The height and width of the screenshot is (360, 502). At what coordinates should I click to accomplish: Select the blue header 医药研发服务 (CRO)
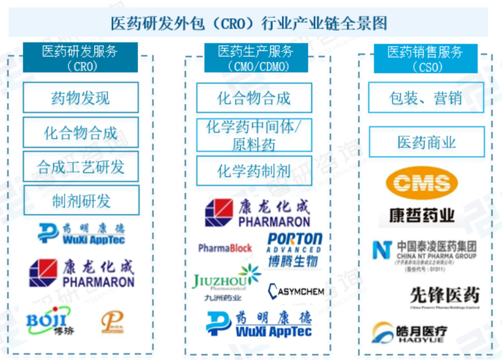tap(80, 58)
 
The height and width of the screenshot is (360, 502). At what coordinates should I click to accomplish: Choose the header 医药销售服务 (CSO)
tap(425, 58)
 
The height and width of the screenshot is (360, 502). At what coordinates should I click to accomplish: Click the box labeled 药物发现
tap(81, 98)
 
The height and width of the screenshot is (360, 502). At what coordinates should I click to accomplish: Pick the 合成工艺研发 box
tap(81, 167)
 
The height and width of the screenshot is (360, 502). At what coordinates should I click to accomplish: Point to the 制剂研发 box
tap(81, 201)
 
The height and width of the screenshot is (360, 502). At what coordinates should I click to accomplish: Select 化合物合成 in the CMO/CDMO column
tap(254, 98)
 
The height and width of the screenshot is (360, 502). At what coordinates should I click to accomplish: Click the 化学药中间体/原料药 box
tap(254, 135)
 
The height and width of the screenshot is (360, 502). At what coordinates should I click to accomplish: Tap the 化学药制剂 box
tap(254, 171)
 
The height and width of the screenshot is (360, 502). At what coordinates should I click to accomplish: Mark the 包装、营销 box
tap(425, 98)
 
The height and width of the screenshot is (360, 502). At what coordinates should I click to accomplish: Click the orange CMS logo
tap(426, 184)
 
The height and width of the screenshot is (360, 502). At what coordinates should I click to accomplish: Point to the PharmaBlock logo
tap(225, 248)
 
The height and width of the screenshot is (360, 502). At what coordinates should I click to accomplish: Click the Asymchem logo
tap(295, 290)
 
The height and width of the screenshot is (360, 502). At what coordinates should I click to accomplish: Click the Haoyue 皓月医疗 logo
tap(410, 333)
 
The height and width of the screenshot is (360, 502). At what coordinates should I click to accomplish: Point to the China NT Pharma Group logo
tap(425, 251)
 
